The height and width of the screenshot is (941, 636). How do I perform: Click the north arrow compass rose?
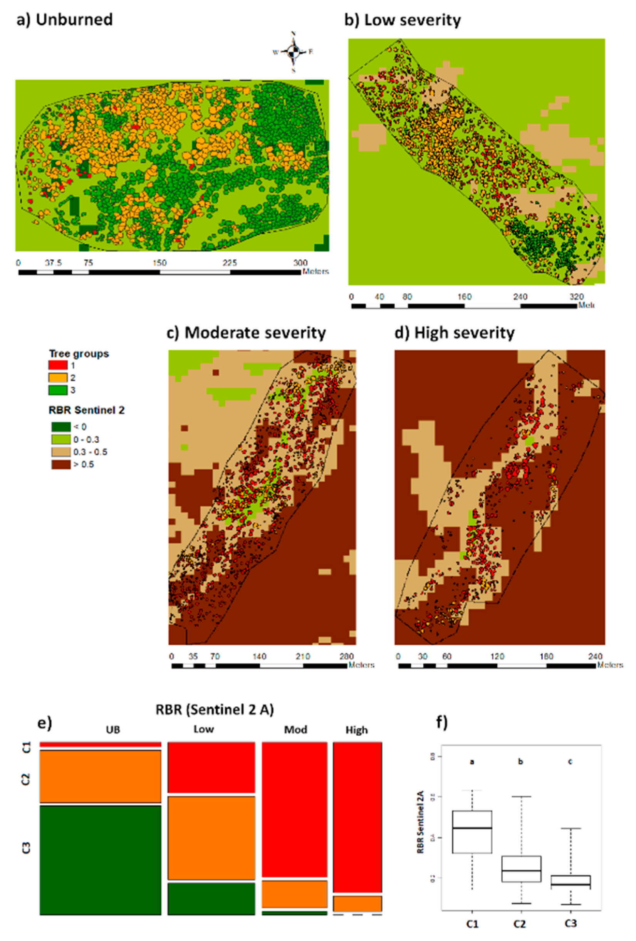(294, 51)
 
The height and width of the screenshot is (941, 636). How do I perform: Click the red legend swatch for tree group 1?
(57, 365)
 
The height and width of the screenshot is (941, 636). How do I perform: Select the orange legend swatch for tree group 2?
(57, 377)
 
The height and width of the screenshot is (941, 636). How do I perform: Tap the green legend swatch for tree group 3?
(57, 390)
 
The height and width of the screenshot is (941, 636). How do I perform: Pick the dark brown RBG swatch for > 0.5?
(61, 464)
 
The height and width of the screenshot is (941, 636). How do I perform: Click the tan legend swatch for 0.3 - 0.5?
(61, 452)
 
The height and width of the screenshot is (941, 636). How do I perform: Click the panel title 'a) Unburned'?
(65, 19)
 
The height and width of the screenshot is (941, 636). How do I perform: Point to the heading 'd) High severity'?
(454, 333)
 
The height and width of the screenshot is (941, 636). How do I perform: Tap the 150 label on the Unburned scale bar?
(159, 263)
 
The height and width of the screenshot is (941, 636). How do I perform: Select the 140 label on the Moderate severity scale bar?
(259, 656)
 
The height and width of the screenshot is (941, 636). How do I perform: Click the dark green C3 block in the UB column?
(100, 860)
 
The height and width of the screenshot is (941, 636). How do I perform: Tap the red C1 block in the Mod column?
(294, 809)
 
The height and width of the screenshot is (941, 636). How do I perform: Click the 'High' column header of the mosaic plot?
(357, 730)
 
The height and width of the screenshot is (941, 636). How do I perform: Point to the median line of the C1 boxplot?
(472, 828)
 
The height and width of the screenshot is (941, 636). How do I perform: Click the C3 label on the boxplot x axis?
(570, 924)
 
